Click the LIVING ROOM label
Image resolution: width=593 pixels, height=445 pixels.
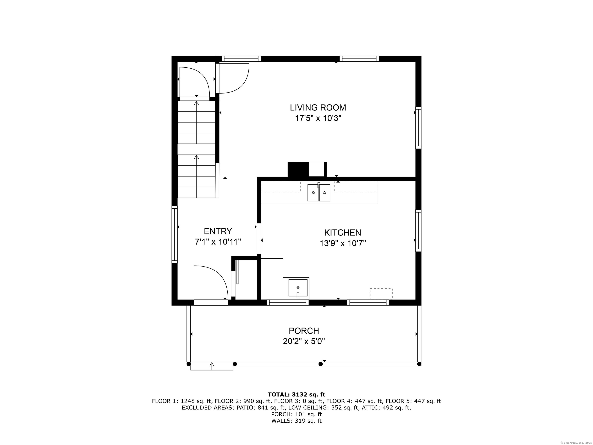tap(318, 108)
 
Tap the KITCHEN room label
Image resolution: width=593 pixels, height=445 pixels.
tap(343, 232)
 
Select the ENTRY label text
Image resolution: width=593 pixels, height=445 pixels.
tap(218, 231)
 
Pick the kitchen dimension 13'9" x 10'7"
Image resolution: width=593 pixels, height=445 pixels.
tap(343, 243)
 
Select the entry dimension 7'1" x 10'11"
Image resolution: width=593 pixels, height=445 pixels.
tap(218, 242)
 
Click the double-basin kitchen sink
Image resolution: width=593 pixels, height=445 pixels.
tap(319, 192)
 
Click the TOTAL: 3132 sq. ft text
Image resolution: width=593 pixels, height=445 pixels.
tap(296, 395)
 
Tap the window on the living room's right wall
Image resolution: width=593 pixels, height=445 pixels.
tap(418, 128)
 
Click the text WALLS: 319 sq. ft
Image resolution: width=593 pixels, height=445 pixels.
tap(296, 421)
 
